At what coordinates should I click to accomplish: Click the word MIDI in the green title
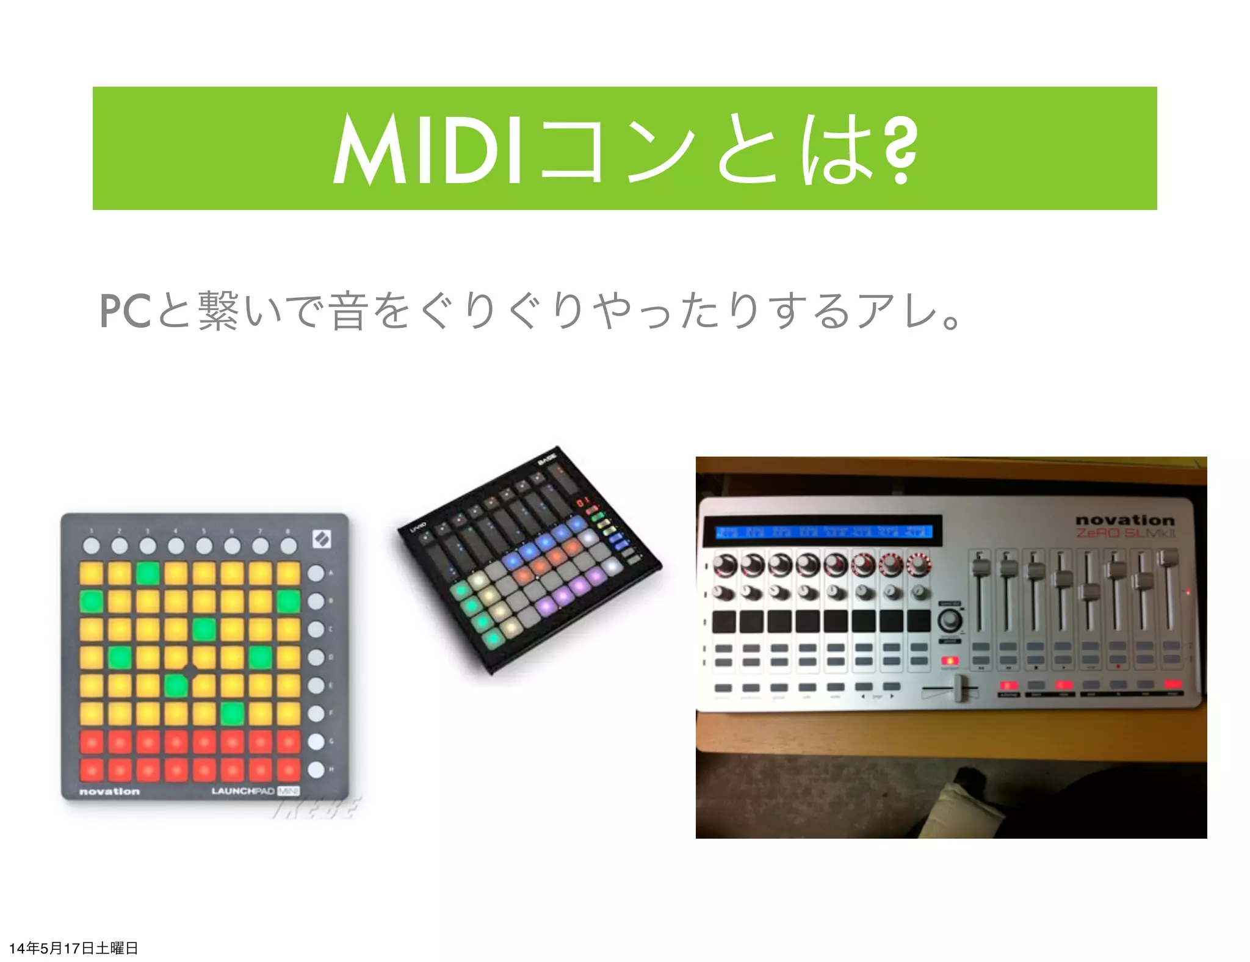pos(427,150)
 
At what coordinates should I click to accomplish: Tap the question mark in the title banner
pos(900,150)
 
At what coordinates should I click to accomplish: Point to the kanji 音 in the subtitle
pos(349,311)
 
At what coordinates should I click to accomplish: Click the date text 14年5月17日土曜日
pos(74,948)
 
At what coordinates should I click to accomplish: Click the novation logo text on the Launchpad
pos(110,792)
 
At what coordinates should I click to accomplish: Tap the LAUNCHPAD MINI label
pos(255,791)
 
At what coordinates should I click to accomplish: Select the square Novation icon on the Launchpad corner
pos(322,539)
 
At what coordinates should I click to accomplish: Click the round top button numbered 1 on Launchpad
pos(92,545)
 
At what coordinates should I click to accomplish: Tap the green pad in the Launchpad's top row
pos(148,574)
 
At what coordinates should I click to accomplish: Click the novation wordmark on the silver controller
pos(1125,520)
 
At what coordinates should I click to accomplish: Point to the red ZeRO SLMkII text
pos(1125,533)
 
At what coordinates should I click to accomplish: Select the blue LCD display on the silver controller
pos(823,531)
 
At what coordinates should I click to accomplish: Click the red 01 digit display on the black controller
pos(583,502)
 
